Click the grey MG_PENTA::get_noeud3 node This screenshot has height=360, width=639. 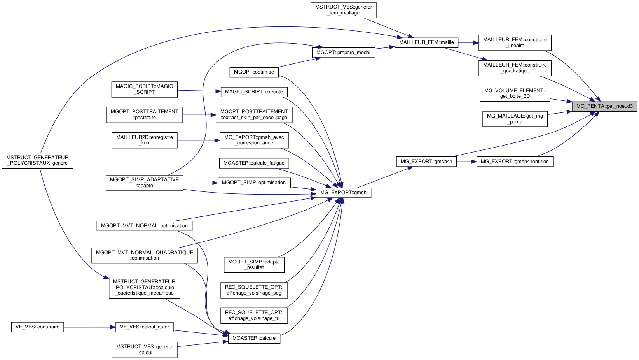(604, 106)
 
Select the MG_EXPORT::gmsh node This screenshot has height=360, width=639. (343, 193)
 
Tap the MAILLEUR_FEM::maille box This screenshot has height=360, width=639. (426, 42)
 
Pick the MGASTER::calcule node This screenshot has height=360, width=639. (254, 338)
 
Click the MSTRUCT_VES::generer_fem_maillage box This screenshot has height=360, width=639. (343, 10)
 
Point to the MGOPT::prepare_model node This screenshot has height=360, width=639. (343, 53)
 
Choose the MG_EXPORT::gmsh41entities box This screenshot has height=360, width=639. (515, 162)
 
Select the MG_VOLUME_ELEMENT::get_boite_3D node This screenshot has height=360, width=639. (515, 93)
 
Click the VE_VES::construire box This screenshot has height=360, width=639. (37, 327)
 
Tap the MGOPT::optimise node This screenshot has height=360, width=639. (254, 72)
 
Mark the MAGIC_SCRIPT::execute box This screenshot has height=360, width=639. (254, 92)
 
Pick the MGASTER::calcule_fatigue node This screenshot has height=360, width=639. (254, 163)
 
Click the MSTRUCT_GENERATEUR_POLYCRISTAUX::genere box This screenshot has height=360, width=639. (37, 160)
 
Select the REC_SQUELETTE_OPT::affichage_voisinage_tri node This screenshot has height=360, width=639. (254, 315)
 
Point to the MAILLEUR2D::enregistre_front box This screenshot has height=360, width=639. (144, 140)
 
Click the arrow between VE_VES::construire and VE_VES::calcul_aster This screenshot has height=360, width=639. (89, 327)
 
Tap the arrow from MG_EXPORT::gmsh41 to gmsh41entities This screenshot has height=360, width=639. (466, 162)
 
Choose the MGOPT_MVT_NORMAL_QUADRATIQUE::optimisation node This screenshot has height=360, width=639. (144, 255)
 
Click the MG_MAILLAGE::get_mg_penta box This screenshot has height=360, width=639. (515, 119)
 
